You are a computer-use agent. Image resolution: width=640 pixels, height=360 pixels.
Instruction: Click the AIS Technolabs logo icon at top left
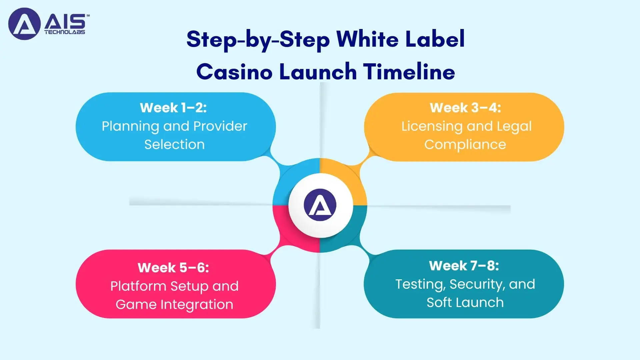click(24, 24)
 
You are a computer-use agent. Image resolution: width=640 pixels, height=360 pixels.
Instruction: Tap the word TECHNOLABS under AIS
click(65, 32)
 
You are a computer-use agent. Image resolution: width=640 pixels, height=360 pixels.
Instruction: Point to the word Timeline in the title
click(409, 72)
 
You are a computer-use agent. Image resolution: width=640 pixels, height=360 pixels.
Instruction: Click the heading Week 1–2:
click(173, 108)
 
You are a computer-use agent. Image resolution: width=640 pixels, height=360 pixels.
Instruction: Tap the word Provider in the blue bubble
click(220, 126)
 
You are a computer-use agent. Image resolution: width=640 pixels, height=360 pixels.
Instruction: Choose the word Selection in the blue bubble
click(174, 145)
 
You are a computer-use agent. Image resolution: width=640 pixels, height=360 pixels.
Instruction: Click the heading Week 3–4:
click(465, 108)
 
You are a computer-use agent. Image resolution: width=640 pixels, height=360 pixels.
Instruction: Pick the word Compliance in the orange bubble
click(465, 145)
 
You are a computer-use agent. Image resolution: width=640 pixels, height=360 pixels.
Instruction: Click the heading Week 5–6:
click(173, 268)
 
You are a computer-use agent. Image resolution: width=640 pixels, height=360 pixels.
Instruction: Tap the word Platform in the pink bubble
click(138, 286)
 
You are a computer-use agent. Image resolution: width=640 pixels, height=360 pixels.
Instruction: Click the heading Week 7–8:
click(464, 266)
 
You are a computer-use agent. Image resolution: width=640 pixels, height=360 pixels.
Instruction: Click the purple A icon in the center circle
click(320, 205)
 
